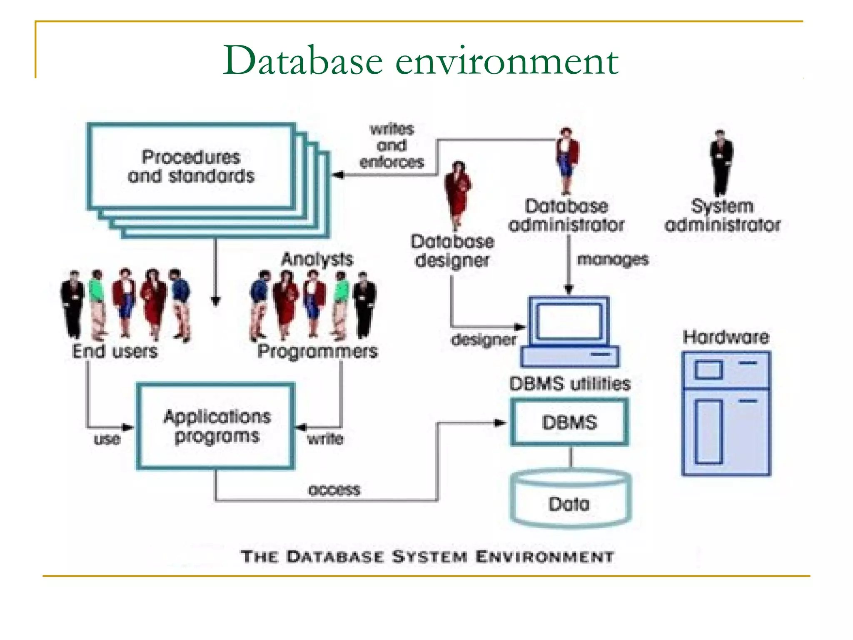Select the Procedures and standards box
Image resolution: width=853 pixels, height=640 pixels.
click(x=191, y=167)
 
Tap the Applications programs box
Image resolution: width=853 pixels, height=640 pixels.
click(x=216, y=426)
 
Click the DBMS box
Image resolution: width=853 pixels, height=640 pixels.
click(x=569, y=422)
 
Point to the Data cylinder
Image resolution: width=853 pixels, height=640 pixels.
click(x=570, y=500)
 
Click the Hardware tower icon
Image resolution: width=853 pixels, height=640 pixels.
click(x=726, y=414)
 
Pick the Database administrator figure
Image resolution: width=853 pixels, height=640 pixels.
click(x=566, y=160)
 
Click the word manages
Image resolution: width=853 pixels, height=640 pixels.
click(x=613, y=260)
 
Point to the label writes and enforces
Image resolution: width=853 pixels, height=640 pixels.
click(x=392, y=145)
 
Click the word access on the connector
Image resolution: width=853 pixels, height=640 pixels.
click(x=334, y=490)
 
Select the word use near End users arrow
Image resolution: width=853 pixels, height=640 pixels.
click(x=107, y=439)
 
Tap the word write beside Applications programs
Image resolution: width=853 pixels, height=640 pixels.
click(x=325, y=439)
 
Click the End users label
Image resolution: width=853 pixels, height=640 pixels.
click(x=115, y=351)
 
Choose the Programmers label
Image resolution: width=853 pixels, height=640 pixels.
click(x=317, y=351)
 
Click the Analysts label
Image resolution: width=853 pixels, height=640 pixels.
click(x=317, y=259)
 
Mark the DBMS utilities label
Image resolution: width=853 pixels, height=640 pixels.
click(x=570, y=384)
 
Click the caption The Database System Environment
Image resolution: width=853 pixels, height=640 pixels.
click(x=427, y=557)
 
